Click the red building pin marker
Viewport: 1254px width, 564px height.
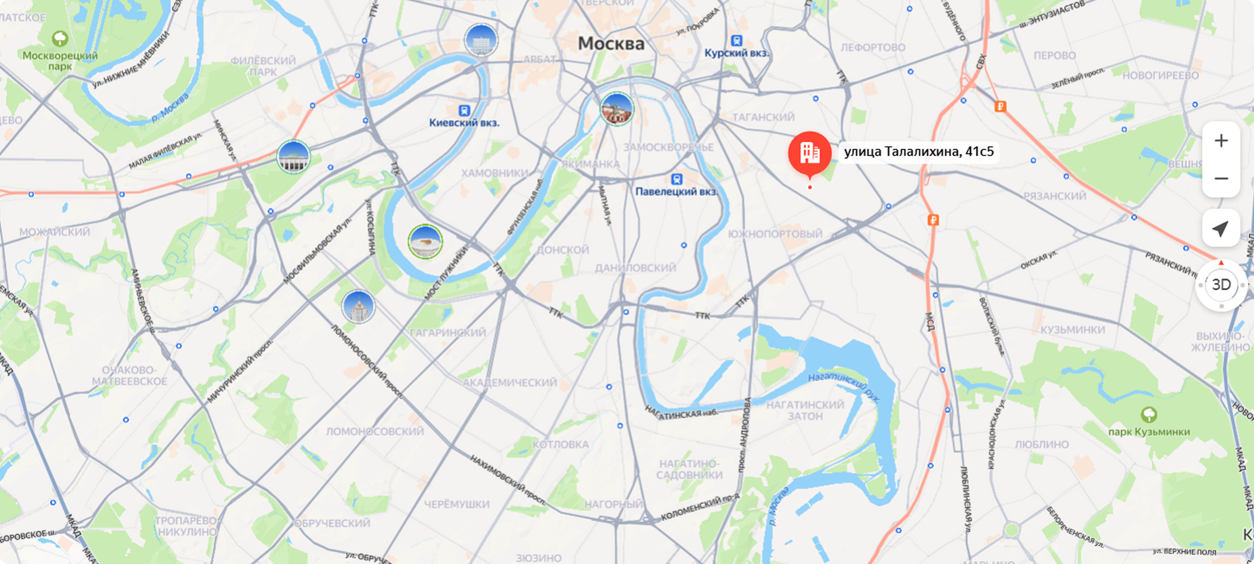pyautogui.click(x=809, y=153)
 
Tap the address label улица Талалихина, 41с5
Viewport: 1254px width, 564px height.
pyautogui.click(x=919, y=152)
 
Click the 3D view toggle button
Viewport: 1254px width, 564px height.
pyautogui.click(x=1221, y=285)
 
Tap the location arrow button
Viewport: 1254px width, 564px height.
pyautogui.click(x=1221, y=229)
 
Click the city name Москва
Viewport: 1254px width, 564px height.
pyautogui.click(x=611, y=44)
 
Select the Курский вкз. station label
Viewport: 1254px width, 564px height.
pyautogui.click(x=736, y=53)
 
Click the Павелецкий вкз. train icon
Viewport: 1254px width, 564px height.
pyautogui.click(x=677, y=179)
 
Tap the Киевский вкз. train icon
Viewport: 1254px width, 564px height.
pyautogui.click(x=465, y=110)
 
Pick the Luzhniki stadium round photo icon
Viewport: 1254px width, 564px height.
pyautogui.click(x=425, y=241)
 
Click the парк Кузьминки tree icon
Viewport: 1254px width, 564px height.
pyautogui.click(x=1149, y=414)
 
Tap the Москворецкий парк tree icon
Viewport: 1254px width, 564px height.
pyautogui.click(x=60, y=39)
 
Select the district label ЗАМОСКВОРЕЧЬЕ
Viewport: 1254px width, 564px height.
pyautogui.click(x=668, y=147)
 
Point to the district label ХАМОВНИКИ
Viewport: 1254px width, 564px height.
pyautogui.click(x=494, y=173)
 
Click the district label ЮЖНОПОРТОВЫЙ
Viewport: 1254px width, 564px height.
pyautogui.click(x=775, y=234)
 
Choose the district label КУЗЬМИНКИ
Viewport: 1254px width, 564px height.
pyautogui.click(x=1073, y=330)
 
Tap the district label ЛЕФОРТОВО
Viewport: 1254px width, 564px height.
pyautogui.click(x=873, y=48)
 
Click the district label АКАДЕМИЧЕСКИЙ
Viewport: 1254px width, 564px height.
pyautogui.click(x=509, y=383)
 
